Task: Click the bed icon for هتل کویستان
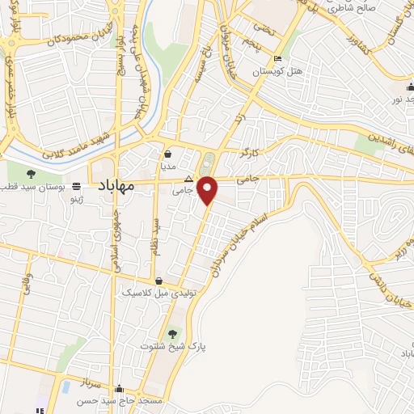click(278, 59)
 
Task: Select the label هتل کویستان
click(278, 71)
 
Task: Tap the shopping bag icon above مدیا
click(168, 154)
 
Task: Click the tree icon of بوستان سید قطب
click(31, 174)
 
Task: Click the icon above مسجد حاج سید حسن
click(120, 388)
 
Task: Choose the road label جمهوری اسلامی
click(114, 243)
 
